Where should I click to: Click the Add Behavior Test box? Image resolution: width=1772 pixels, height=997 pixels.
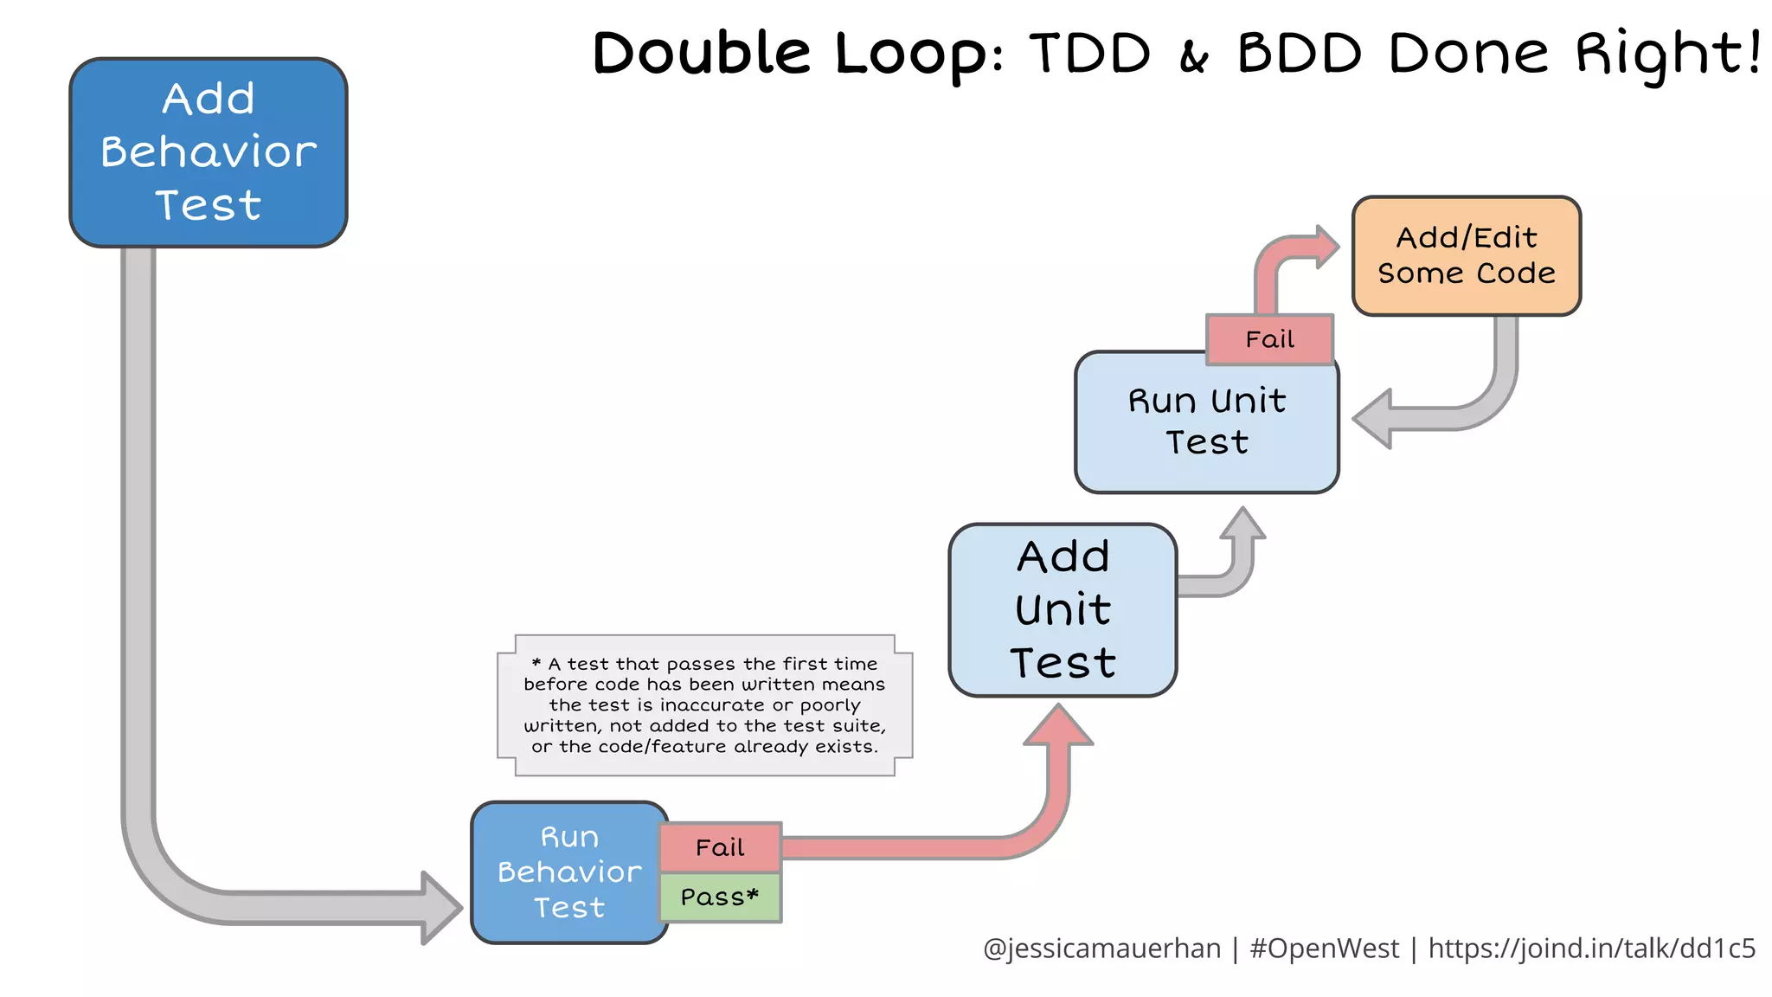coord(208,152)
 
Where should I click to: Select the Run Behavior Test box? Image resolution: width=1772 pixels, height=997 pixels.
coord(568,872)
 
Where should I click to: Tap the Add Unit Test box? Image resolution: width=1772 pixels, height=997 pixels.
coord(1063,610)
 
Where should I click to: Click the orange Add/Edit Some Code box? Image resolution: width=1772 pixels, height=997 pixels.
coord(1466,256)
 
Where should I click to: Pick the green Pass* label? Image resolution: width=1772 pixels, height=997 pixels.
coord(720,897)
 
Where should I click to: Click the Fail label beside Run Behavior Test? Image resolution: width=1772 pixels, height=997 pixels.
coord(720,847)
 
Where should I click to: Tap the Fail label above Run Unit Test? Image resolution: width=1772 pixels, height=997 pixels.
coord(1269,339)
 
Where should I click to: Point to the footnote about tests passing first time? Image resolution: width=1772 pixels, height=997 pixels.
coord(704,705)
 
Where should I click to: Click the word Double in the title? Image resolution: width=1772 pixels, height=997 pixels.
coord(701,54)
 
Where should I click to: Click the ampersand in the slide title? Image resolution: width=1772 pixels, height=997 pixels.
coord(1194,57)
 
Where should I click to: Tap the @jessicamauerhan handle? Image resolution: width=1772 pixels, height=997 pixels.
coord(1101,949)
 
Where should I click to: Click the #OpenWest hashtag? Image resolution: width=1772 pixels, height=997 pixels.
coord(1324,949)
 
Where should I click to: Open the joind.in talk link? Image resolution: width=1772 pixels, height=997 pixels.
coord(1591,949)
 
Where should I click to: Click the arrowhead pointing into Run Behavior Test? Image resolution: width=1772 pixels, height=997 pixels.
coord(440,907)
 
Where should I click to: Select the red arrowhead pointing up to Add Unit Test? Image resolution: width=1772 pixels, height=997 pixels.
coord(1058,725)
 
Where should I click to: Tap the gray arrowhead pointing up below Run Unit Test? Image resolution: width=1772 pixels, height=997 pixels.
coord(1243,524)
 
